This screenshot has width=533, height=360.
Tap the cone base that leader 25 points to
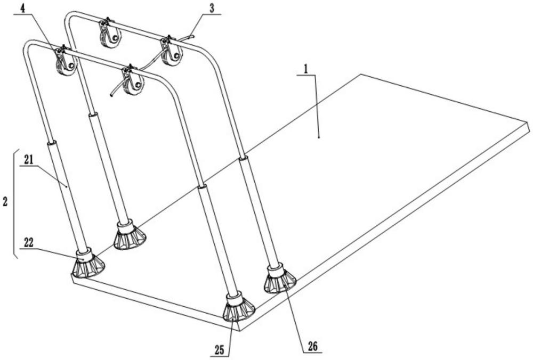[237, 309]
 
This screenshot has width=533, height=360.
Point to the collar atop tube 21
[52, 143]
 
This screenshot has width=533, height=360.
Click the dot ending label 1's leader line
[319, 137]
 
